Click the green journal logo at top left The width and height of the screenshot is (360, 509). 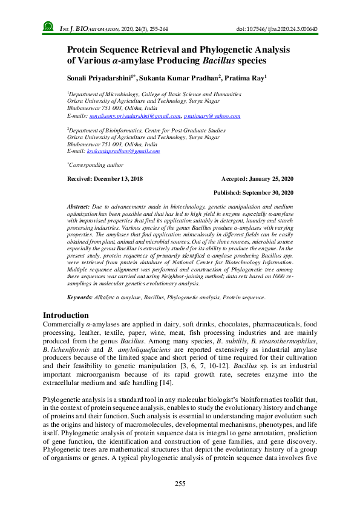(x=48, y=27)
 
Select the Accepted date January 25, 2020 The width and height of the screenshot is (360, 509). (x=258, y=179)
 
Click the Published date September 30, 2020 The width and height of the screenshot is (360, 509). (x=254, y=192)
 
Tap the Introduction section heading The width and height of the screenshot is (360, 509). (x=66, y=315)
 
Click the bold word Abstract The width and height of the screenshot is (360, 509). (x=78, y=207)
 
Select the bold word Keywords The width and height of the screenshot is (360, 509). (x=79, y=298)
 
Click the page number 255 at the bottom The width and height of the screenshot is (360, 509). (x=180, y=484)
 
